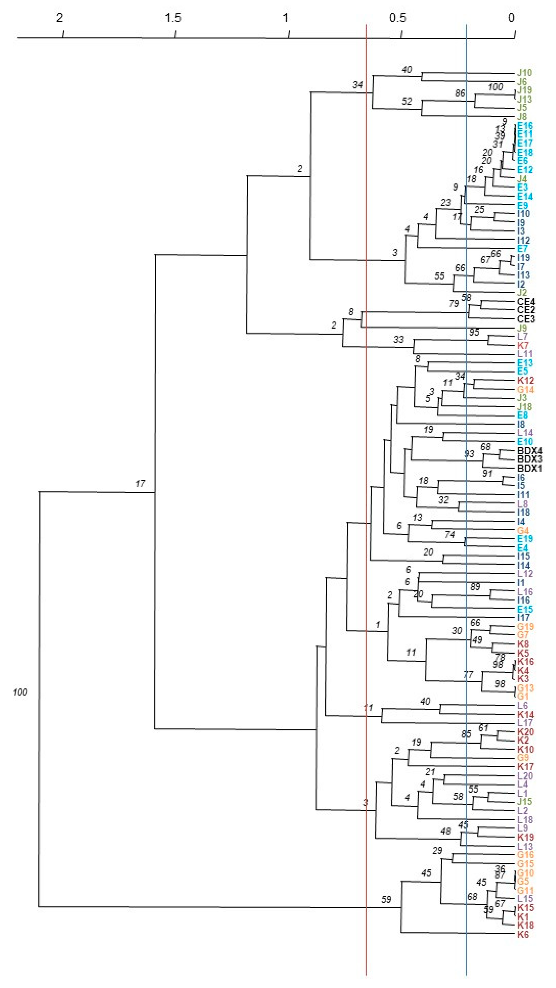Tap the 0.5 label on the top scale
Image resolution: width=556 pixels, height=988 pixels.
(x=398, y=18)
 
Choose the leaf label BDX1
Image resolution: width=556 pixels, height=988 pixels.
(x=530, y=468)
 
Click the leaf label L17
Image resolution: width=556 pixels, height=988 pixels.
(x=525, y=723)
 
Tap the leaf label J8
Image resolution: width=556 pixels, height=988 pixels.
(x=522, y=117)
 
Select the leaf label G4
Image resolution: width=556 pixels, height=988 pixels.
(x=523, y=530)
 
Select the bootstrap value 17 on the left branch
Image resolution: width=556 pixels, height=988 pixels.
(x=140, y=484)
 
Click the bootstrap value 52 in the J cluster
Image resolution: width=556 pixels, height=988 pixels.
(x=407, y=101)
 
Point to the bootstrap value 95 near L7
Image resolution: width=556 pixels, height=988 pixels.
(x=474, y=333)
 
